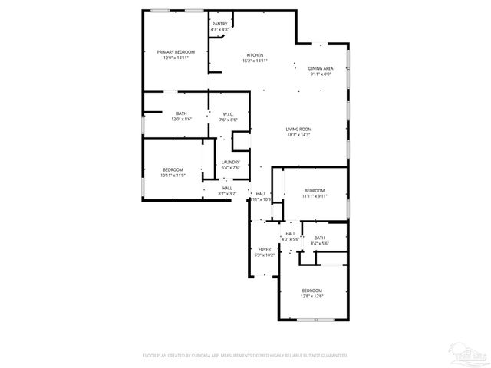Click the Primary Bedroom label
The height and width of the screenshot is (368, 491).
(176, 52)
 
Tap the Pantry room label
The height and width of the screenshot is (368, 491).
(220, 24)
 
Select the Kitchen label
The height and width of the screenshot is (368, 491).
(255, 54)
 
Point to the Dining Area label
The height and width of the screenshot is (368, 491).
(321, 69)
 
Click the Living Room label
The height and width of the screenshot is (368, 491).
(298, 129)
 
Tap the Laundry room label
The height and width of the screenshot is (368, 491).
(230, 162)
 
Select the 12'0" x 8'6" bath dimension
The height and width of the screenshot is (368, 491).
(181, 119)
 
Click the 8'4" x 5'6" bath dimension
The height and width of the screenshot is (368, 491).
(319, 243)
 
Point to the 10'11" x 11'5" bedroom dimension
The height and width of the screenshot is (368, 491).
(173, 176)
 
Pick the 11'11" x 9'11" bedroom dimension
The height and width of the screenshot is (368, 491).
(315, 195)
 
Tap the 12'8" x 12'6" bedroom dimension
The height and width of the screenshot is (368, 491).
(311, 296)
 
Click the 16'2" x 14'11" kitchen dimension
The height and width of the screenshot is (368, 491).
(255, 61)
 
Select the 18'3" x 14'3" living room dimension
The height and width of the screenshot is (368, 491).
(298, 135)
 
